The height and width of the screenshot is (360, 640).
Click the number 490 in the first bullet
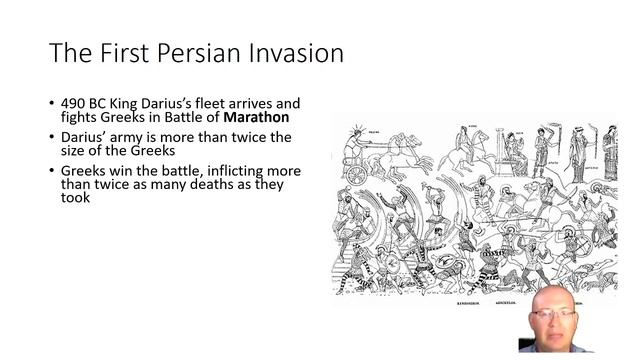pyautogui.click(x=75, y=102)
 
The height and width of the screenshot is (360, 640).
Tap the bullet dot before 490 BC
pyautogui.click(x=51, y=103)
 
